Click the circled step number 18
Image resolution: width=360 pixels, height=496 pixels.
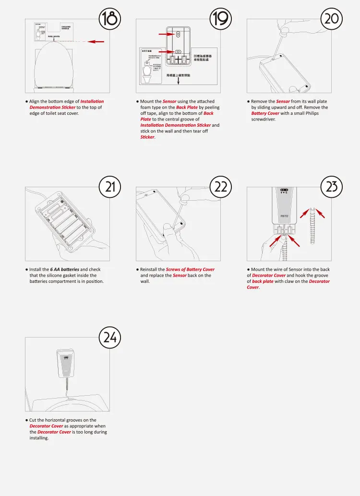110,19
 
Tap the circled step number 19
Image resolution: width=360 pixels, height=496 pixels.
221,19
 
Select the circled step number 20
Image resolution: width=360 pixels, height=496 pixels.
332,19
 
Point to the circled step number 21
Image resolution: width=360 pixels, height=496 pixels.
110,186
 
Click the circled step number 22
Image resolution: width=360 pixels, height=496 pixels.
221,186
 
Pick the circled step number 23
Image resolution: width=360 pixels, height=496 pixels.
332,186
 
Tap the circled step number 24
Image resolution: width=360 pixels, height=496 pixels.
110,337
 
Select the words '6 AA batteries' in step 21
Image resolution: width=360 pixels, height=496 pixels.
65,269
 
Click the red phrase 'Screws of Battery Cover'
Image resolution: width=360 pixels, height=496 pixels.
190,269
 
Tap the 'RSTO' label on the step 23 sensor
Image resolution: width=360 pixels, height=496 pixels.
285,216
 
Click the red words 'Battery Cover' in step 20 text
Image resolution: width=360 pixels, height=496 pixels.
265,113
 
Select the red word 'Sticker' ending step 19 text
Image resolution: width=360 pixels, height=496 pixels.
147,137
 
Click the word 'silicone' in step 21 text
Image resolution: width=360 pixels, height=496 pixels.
58,275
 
